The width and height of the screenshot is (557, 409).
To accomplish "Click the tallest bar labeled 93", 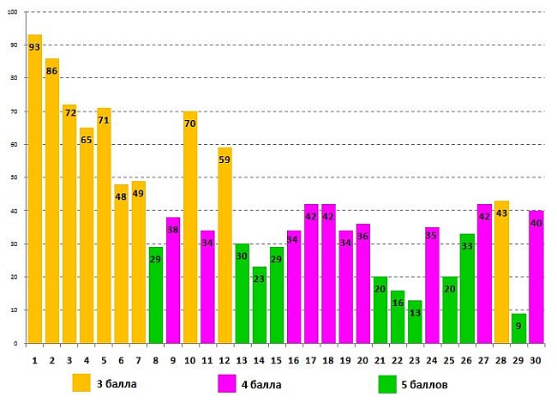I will pos(35,189).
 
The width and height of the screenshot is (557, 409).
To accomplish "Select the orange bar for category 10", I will pos(190,227).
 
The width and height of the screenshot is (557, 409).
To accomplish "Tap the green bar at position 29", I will pos(518,328).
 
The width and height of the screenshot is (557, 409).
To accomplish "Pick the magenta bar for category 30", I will pos(536,277).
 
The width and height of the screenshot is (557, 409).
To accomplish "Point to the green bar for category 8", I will pos(156,295).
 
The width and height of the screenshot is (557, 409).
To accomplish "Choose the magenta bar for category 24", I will pos(432,285).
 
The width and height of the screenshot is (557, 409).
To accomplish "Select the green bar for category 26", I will pos(467,288).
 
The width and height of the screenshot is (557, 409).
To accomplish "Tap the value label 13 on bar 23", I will pos(415,313).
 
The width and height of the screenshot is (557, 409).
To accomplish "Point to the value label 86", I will pos(52,71).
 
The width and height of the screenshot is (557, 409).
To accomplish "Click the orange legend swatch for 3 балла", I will pos(81,382).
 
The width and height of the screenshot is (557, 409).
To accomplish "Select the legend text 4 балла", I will pos(261,385).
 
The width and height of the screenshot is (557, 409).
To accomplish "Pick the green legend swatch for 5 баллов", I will pos(387,384).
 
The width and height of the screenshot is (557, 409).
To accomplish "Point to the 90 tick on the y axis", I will pos(15,45).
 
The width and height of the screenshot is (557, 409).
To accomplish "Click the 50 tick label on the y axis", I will pos(15,177).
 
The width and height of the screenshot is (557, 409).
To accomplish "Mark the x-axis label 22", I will pos(398,361).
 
